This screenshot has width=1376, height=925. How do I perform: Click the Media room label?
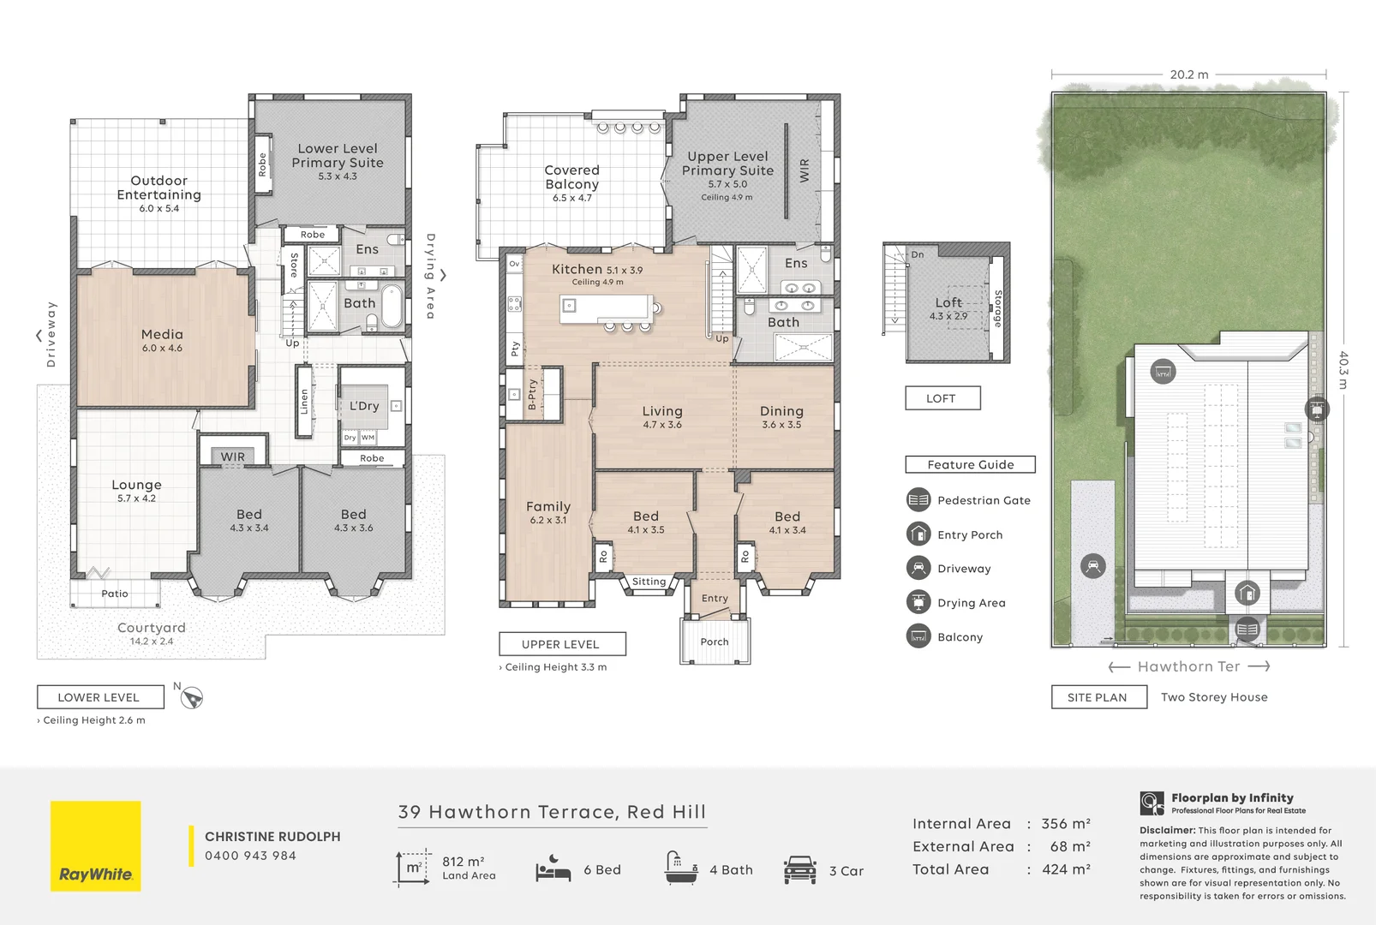click(x=162, y=335)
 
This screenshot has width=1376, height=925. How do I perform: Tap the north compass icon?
click(x=192, y=698)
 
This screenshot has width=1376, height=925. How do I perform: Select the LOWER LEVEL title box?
click(x=99, y=697)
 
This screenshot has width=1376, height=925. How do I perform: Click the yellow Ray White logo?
click(x=96, y=846)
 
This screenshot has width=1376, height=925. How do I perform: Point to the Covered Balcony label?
click(x=571, y=177)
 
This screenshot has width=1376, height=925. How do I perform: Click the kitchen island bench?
click(x=605, y=308)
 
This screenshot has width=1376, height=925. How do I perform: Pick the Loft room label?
click(x=948, y=303)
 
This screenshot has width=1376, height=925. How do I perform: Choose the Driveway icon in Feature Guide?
click(x=918, y=568)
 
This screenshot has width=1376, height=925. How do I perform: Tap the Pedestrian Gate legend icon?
click(x=918, y=500)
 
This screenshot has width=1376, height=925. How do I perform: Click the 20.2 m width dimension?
click(x=1188, y=75)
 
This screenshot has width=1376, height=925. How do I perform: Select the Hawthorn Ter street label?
click(x=1188, y=666)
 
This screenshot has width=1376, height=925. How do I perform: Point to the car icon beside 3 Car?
click(x=799, y=869)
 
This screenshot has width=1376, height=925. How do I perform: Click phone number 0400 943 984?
click(x=250, y=856)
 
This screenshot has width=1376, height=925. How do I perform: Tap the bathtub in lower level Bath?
click(x=392, y=306)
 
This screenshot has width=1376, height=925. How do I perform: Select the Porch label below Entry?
click(x=715, y=642)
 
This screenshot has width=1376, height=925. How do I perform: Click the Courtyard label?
click(x=151, y=628)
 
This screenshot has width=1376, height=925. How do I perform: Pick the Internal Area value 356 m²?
click(x=1065, y=824)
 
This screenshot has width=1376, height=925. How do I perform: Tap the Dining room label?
click(x=781, y=412)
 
